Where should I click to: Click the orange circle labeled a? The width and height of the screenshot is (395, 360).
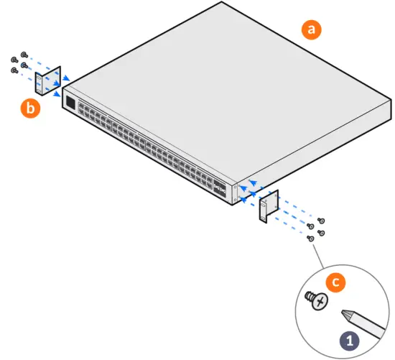[311, 29]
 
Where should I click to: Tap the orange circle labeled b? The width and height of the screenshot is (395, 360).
[30, 109]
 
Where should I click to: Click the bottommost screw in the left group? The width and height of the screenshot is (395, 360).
[14, 70]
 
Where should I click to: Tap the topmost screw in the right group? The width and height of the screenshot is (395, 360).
[320, 220]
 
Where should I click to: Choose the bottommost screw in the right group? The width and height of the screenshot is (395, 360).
[310, 237]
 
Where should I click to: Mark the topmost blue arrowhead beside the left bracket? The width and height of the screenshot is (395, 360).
[67, 78]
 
